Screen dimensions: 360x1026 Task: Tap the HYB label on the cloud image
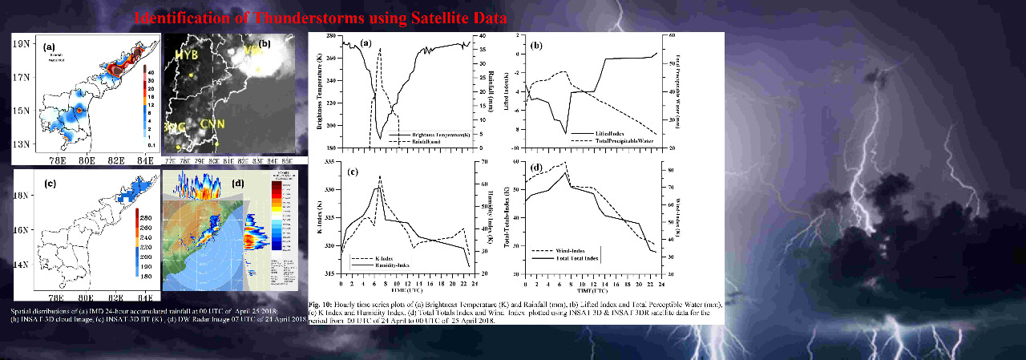(186, 55)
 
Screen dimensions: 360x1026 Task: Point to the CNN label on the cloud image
(212, 123)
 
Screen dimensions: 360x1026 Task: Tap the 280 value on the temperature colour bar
(146, 217)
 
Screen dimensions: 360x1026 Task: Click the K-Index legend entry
(388, 257)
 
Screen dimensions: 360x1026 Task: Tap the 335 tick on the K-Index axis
(329, 162)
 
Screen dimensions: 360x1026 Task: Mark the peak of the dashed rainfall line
(380, 49)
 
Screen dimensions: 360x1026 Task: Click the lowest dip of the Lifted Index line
(567, 133)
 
